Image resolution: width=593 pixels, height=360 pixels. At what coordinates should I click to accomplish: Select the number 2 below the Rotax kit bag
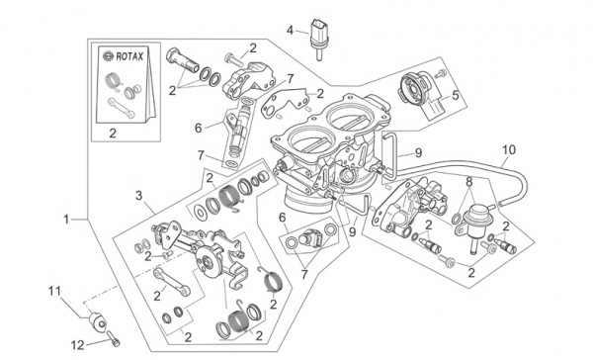113,131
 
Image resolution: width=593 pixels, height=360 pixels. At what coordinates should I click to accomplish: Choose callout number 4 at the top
291,31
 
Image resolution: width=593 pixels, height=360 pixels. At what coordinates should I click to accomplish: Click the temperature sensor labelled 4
318,35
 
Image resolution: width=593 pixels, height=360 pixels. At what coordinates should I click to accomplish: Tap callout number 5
455,96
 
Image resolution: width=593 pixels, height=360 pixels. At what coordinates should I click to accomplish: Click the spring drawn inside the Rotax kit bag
114,82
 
